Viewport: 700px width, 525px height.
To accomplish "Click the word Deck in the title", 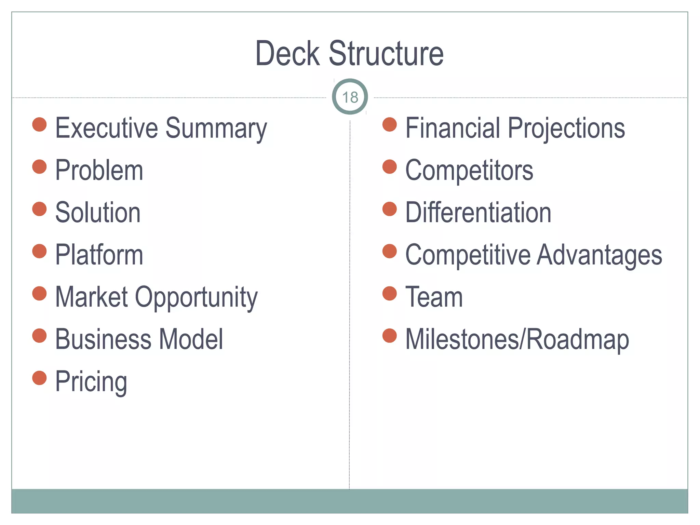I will (x=287, y=54).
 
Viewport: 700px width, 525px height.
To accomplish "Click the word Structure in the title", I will (x=386, y=54).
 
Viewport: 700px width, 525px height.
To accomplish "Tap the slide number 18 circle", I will (x=350, y=97).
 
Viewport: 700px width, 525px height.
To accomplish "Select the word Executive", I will (x=107, y=128).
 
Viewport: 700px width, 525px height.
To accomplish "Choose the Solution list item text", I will (x=98, y=213).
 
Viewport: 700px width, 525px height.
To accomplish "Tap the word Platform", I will (x=99, y=255).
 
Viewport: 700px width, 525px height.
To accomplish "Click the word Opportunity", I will (x=196, y=297).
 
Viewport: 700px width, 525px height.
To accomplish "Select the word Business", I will (x=103, y=339).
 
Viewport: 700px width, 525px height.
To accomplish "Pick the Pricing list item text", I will (x=91, y=382).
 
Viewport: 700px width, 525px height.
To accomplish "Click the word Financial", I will (x=453, y=128).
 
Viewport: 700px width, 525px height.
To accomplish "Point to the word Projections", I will (x=566, y=129).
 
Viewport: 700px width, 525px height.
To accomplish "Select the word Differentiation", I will (x=478, y=213).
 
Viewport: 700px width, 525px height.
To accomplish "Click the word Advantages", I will (x=599, y=256).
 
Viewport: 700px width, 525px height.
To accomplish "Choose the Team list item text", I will (x=434, y=297).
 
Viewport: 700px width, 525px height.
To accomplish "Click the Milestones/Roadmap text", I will (x=517, y=340).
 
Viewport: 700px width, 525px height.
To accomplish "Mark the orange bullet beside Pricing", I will (x=39, y=378).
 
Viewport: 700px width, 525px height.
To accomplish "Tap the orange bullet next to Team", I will (x=389, y=293).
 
